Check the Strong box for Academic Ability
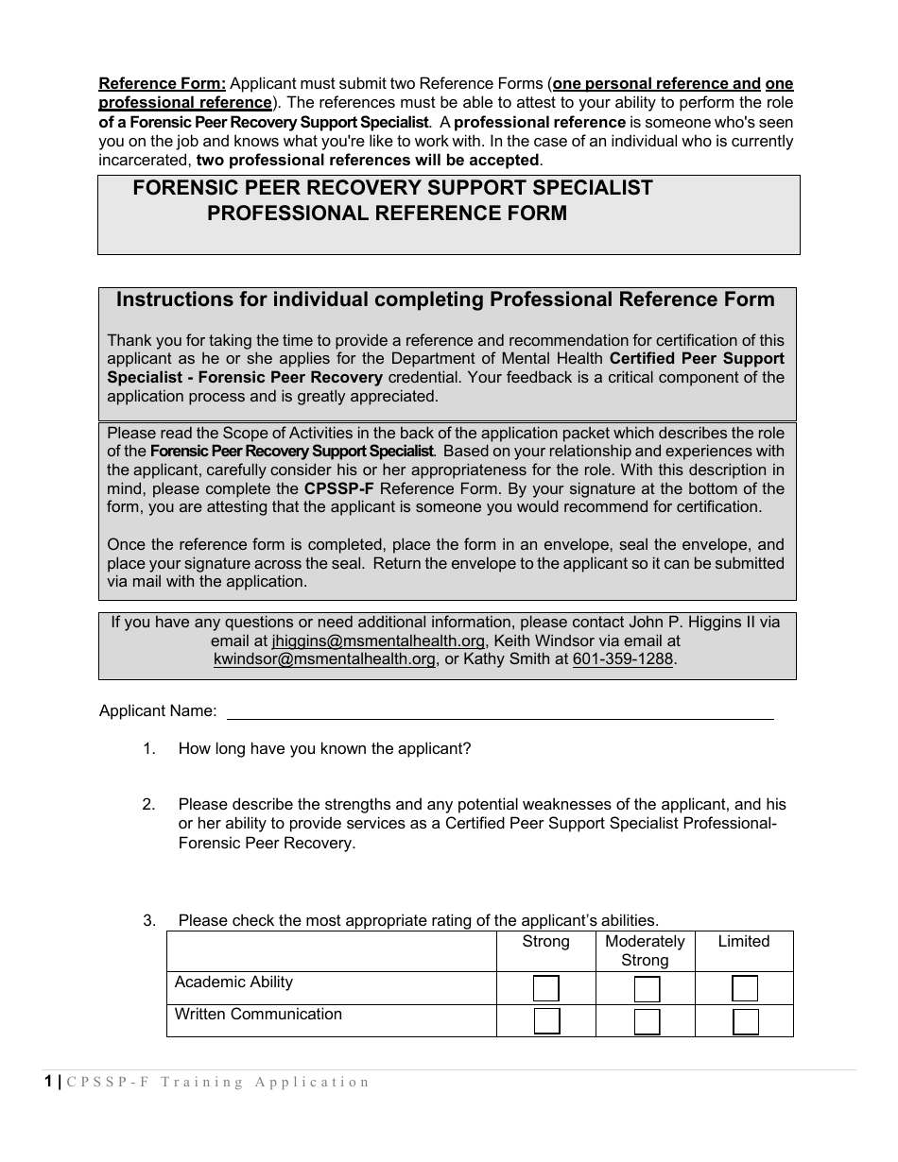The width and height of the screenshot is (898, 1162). click(546, 989)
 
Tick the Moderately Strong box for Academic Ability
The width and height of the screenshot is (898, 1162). click(647, 989)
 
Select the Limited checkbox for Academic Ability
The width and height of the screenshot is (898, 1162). click(745, 989)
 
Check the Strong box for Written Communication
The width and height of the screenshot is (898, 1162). click(546, 1021)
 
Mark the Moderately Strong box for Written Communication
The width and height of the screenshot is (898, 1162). click(647, 1021)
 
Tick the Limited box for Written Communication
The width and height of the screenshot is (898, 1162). click(745, 1021)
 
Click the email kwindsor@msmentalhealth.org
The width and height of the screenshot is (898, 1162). click(324, 659)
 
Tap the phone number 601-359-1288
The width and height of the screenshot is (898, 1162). click(623, 659)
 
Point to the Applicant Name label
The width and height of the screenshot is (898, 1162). click(158, 711)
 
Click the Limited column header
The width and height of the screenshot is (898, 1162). click(744, 942)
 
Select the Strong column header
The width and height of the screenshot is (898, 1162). click(546, 942)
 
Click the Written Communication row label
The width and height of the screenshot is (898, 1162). click(258, 1015)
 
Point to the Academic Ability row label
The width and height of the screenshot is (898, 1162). click(233, 983)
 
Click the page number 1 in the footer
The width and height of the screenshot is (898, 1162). click(48, 1083)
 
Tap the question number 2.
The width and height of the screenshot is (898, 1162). click(148, 805)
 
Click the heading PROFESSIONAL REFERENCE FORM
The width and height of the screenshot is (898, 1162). click(388, 214)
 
